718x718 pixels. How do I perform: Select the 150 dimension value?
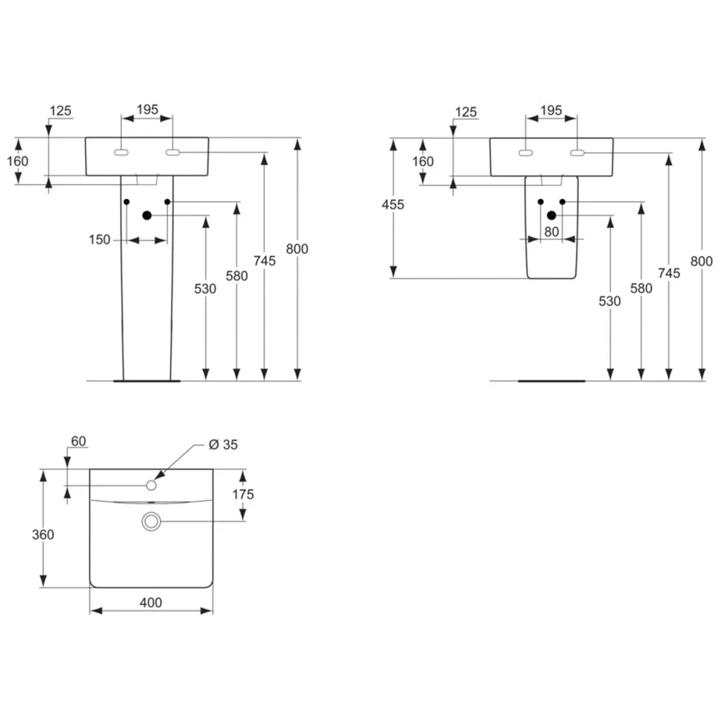click(x=99, y=240)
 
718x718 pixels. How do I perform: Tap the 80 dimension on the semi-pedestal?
click(x=551, y=231)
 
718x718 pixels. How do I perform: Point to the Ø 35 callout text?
click(x=223, y=444)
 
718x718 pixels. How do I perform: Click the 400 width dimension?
click(x=150, y=603)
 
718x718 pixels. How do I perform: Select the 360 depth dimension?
click(x=44, y=534)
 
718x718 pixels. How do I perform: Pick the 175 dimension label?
click(x=242, y=494)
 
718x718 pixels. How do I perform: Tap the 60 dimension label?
click(x=78, y=442)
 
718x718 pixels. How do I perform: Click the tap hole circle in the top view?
click(x=152, y=485)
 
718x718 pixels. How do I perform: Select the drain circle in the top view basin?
click(x=152, y=522)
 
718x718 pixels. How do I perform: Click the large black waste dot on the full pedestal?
click(x=147, y=215)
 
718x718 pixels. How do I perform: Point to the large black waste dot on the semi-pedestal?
click(x=551, y=215)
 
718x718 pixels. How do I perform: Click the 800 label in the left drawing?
click(x=296, y=249)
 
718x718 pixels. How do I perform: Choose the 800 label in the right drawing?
click(x=701, y=261)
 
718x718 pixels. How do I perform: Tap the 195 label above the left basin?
click(x=147, y=110)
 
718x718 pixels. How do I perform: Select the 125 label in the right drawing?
click(x=466, y=113)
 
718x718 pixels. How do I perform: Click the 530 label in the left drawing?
click(x=205, y=289)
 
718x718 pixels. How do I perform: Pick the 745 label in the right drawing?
click(x=668, y=273)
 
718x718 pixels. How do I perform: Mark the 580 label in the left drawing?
click(x=237, y=275)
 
